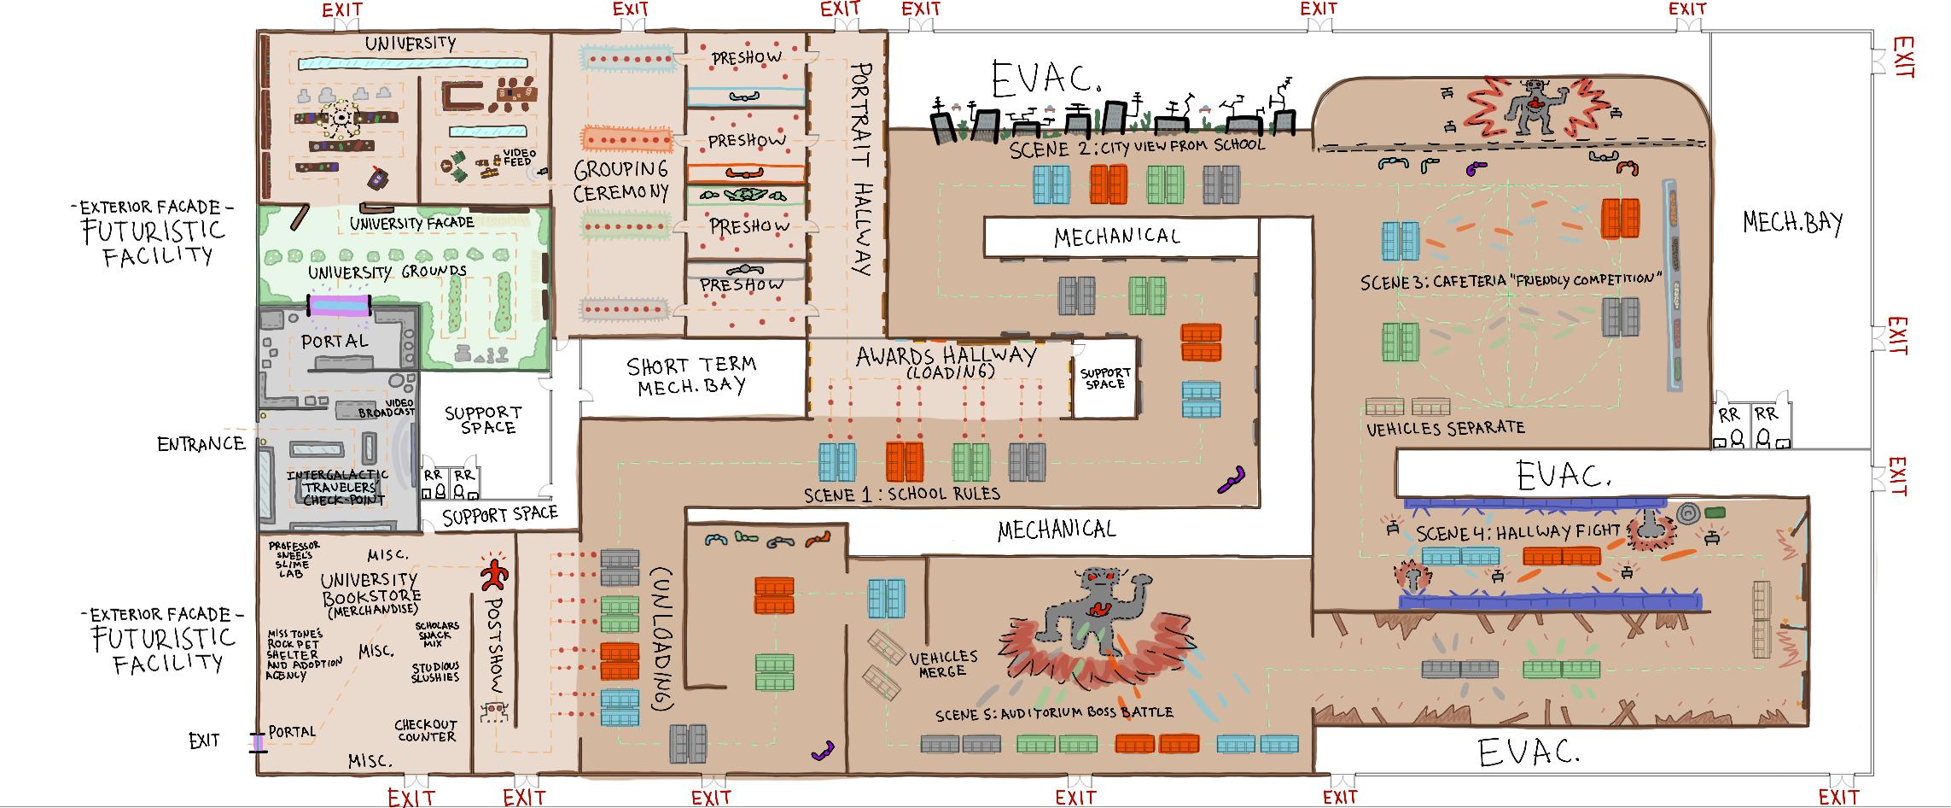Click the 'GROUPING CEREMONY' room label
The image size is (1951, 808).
(x=620, y=180)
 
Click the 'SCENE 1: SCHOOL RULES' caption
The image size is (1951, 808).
(x=902, y=494)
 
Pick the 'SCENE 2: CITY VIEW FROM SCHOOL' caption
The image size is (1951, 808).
(x=1136, y=145)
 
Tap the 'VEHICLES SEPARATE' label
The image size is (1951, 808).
(x=1445, y=428)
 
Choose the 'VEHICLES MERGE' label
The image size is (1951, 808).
(x=942, y=664)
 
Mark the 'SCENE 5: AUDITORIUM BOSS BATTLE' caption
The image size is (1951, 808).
(x=1053, y=712)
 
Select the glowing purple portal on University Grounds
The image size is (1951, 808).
(x=339, y=305)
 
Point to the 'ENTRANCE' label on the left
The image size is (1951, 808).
(x=201, y=443)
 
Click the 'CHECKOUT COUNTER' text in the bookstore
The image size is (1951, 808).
(x=426, y=730)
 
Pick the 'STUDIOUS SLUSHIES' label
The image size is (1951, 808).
(x=435, y=671)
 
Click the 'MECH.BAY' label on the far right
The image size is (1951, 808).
(x=1793, y=223)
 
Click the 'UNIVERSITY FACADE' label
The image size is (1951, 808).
(x=411, y=223)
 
